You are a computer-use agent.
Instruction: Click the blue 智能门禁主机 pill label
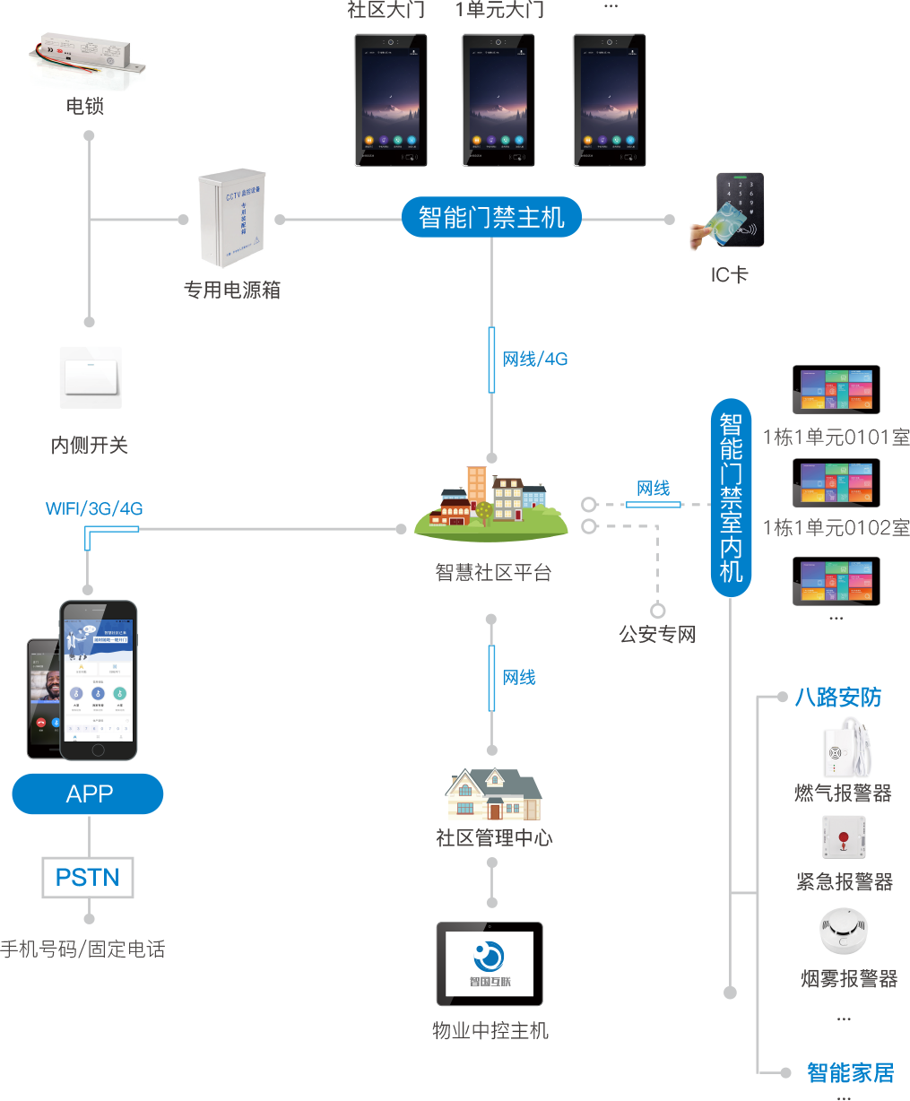(491, 218)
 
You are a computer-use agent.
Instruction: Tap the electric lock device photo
(89, 61)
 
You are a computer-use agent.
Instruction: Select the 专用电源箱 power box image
(230, 216)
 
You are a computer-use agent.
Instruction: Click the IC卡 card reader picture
(726, 212)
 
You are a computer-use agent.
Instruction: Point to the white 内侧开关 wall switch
(90, 377)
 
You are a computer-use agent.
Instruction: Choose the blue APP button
(88, 794)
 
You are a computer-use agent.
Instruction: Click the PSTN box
(88, 878)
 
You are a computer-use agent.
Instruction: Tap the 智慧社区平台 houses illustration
(491, 504)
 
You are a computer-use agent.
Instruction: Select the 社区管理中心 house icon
(493, 795)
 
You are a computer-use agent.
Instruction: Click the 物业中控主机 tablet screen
(490, 964)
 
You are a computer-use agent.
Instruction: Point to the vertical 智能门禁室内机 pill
(731, 498)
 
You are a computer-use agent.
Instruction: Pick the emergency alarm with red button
(843, 838)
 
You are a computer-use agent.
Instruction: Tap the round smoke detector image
(843, 932)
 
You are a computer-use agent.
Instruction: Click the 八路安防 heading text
(837, 698)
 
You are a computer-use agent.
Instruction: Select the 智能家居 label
(850, 1072)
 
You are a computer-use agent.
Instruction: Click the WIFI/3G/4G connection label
(94, 508)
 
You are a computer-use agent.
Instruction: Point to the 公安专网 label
(657, 635)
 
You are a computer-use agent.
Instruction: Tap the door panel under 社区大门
(390, 100)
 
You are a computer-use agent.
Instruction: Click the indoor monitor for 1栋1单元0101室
(836, 390)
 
